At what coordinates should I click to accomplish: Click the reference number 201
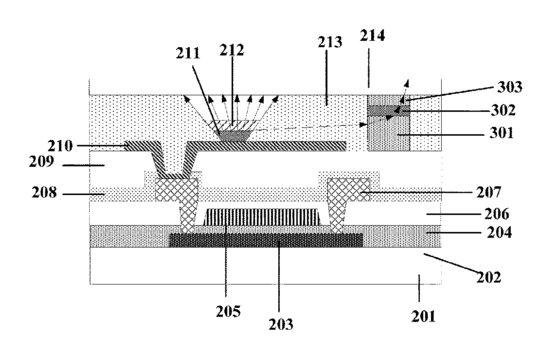pos(423,316)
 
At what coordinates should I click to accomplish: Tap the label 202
pos(489,277)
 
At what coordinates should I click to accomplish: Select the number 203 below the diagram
pos(281,324)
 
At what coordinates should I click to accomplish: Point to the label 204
pos(499,233)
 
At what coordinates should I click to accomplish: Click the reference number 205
pos(228,311)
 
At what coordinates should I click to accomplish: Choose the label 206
pos(497,214)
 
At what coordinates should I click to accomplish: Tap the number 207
pos(489,192)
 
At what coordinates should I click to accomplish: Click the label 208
pos(44,192)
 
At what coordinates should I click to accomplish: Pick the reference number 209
pos(41,162)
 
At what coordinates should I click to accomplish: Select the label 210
pos(60,146)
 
